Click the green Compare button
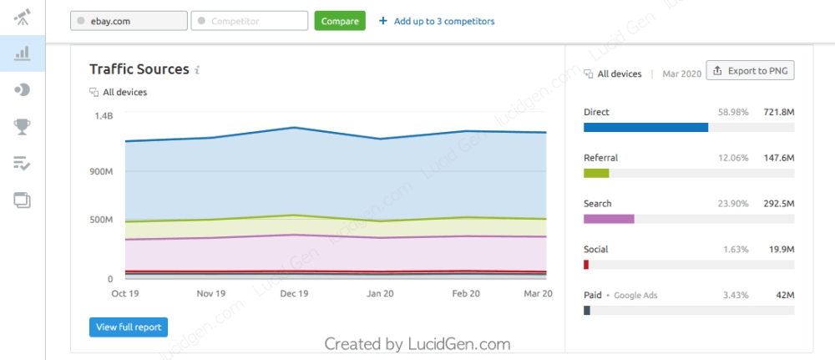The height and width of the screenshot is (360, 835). coord(340,21)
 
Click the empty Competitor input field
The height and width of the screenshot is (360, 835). coord(249,21)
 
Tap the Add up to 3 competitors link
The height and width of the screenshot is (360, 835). coord(437,21)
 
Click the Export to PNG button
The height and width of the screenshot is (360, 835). coord(751,71)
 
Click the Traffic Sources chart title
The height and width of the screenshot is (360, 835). coord(139,69)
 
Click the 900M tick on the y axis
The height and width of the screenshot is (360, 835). coord(101,172)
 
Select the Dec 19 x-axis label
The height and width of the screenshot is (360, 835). coord(295,294)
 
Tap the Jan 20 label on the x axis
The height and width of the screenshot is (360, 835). coord(381,294)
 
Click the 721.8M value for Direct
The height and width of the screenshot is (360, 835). coord(778,112)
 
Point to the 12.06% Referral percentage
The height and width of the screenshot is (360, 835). coord(733,158)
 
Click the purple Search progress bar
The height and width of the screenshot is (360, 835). coord(609,219)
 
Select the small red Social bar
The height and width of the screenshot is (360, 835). coord(586,265)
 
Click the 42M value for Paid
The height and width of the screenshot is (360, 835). coord(785,296)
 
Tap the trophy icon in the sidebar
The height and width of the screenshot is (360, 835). coord(23,126)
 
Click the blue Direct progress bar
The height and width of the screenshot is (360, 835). coord(645,128)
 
